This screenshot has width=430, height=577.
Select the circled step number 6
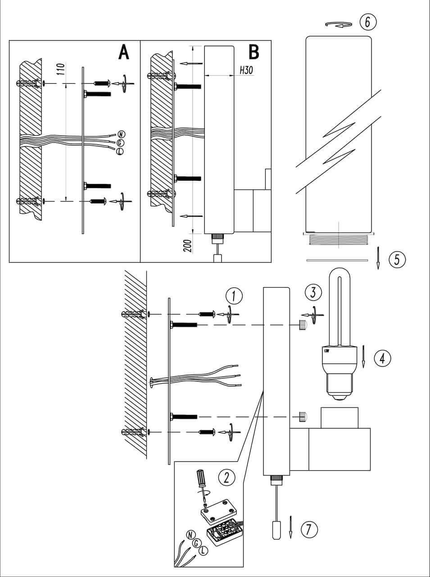367,22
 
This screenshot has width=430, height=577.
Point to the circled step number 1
234,296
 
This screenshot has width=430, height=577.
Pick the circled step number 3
313,292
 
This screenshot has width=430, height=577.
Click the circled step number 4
382,358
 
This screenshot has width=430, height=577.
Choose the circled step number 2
226,477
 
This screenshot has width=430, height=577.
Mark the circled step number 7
309,529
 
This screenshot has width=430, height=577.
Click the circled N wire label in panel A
121,134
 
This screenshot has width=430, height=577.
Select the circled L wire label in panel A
120,151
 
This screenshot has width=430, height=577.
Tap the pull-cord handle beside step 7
276,529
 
